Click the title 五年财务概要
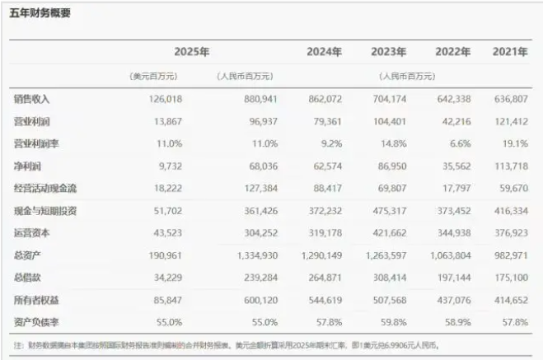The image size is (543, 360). pos(40,13)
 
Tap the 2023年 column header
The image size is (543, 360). pos(389,52)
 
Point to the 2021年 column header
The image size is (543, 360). pos(510,52)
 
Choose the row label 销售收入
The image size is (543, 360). pos(33,99)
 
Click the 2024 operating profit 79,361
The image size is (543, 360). pos(325,121)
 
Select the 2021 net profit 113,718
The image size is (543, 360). pos(509,166)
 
